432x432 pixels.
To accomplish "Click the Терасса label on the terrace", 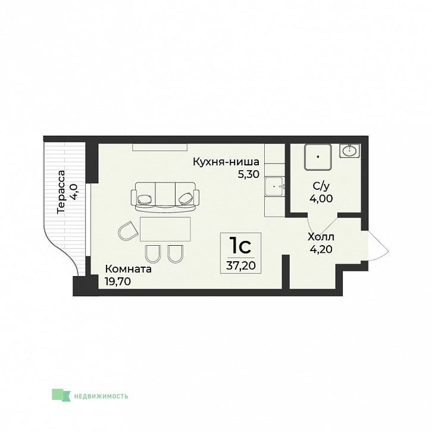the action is (x=61, y=192).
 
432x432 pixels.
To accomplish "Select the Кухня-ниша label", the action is (x=226, y=162).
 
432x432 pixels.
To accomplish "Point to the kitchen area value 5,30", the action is (x=249, y=174).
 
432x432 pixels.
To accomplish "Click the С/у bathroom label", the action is (x=321, y=186).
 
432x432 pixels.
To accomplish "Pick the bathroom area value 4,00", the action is (x=321, y=198).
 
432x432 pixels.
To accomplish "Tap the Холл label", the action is (x=321, y=237).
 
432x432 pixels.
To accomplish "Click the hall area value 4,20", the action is (x=321, y=249).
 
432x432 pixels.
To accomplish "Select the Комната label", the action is (x=128, y=269).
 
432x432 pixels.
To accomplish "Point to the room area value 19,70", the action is (x=118, y=281).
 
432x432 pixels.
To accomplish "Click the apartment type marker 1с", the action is (x=240, y=246).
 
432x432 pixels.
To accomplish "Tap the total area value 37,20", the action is (x=240, y=266).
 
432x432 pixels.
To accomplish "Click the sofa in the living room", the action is (x=165, y=197).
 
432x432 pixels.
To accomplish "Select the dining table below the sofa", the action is (x=165, y=229).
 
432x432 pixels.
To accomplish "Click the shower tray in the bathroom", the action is (x=318, y=157).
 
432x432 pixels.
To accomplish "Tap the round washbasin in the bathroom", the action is (x=350, y=151).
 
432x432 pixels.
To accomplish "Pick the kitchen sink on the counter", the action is (x=274, y=186).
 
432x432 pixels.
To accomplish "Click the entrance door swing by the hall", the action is (x=378, y=246).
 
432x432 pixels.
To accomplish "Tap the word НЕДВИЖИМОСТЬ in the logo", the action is (x=101, y=396).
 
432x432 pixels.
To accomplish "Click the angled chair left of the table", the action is (x=128, y=231).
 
